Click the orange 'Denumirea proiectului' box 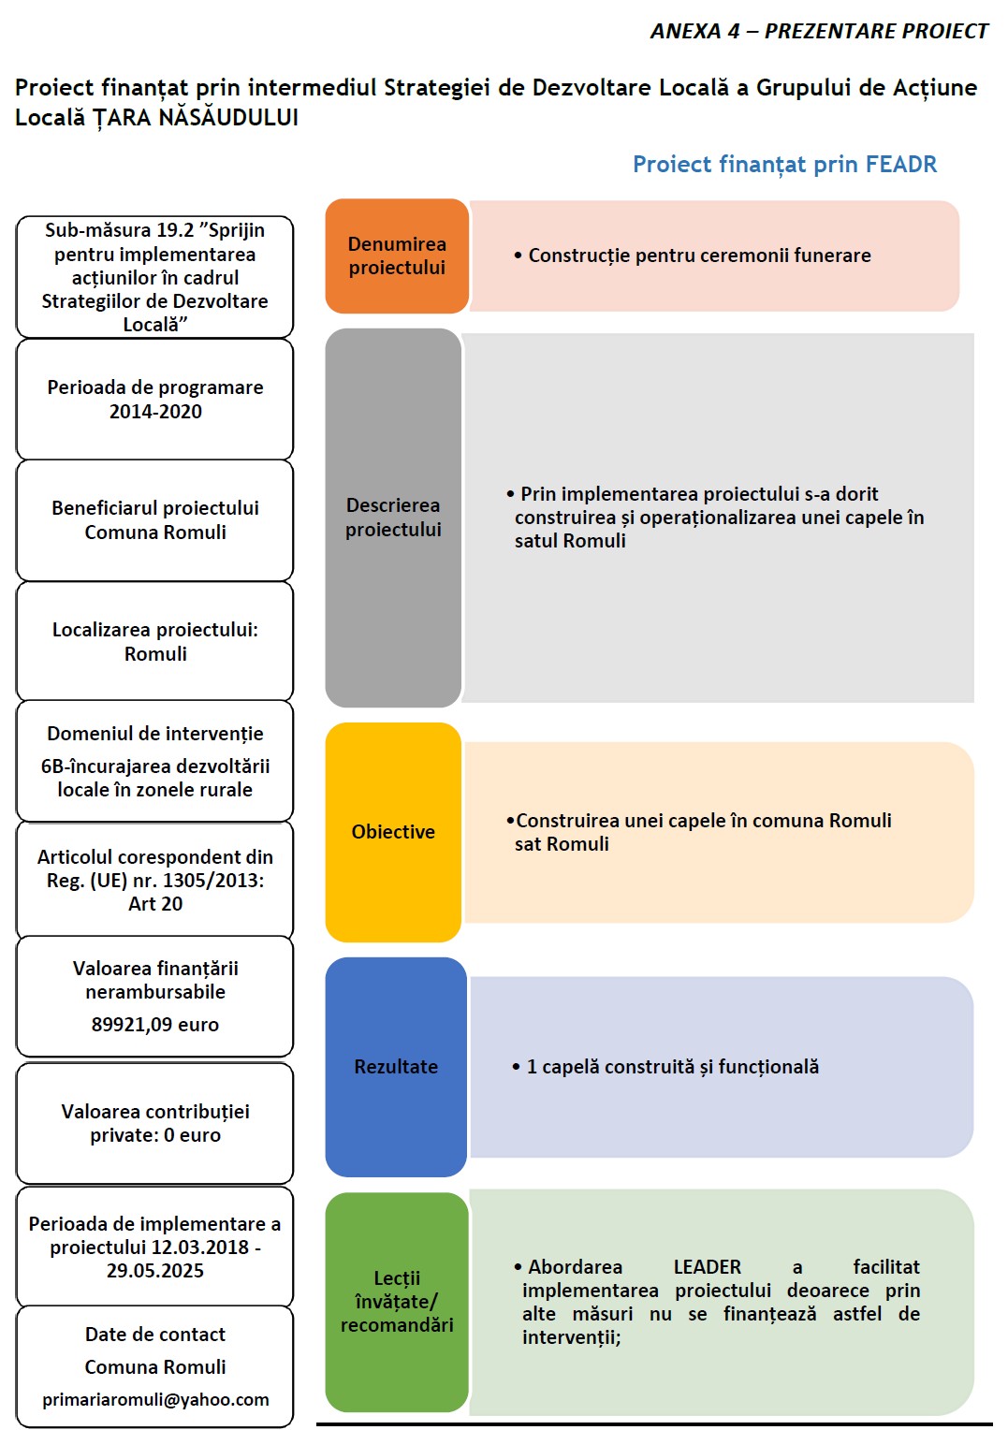click(397, 255)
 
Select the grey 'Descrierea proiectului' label click(393, 518)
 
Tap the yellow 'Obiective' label click(393, 832)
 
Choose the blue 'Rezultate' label click(396, 1067)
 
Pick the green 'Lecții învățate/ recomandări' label click(397, 1302)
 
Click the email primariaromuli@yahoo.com click(155, 1399)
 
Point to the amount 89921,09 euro click(155, 1025)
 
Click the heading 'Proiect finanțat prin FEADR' click(784, 165)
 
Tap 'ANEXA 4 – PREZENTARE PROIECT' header click(819, 32)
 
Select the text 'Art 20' click(155, 904)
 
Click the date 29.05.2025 click(155, 1271)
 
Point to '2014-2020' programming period click(155, 412)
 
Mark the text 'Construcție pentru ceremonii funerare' click(699, 255)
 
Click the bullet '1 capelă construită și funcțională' click(672, 1067)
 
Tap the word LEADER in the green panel click(707, 1267)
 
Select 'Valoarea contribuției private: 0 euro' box click(155, 1123)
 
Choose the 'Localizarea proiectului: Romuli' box click(155, 642)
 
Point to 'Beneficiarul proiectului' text click(155, 508)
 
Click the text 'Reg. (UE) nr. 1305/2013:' click(155, 881)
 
